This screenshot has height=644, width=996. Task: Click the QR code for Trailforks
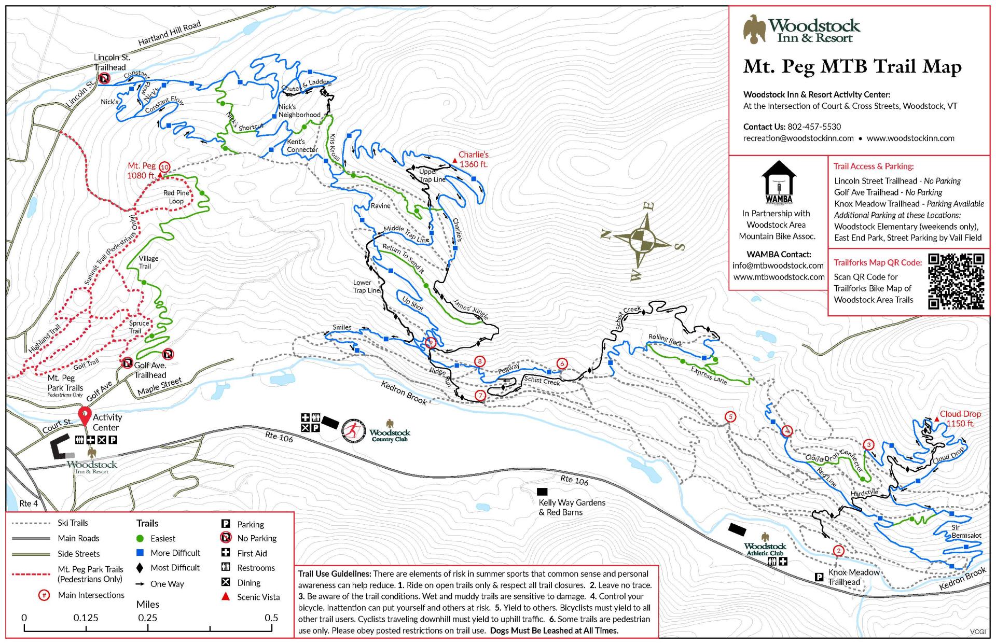pyautogui.click(x=956, y=282)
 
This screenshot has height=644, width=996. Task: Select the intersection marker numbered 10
pyautogui.click(x=164, y=167)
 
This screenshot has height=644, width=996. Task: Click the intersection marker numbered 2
pyautogui.click(x=838, y=551)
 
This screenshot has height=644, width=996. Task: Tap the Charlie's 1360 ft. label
pyautogui.click(x=473, y=159)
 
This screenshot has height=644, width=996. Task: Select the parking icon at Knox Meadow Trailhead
pyautogui.click(x=820, y=577)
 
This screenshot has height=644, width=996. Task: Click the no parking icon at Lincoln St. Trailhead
pyautogui.click(x=104, y=78)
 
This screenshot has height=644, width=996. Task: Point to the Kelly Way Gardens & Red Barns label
pyautogui.click(x=572, y=507)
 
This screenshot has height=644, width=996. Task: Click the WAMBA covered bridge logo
pyautogui.click(x=779, y=181)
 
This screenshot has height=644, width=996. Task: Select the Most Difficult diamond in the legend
pyautogui.click(x=140, y=568)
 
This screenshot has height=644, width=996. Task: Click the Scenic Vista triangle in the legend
pyautogui.click(x=226, y=597)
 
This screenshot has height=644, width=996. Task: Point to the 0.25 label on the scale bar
pyautogui.click(x=148, y=618)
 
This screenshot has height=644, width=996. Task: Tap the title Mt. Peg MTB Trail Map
pyautogui.click(x=852, y=67)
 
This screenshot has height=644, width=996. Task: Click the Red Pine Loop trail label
pyautogui.click(x=176, y=197)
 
